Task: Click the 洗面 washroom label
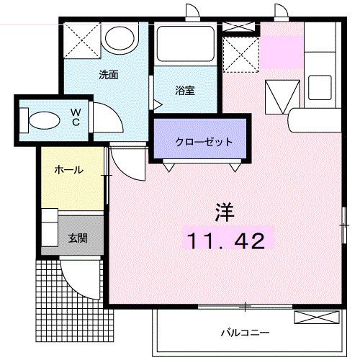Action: (109, 74)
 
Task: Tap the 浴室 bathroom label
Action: (185, 91)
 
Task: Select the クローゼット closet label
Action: (204, 142)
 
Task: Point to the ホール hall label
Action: (69, 171)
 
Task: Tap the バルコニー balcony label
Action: (245, 333)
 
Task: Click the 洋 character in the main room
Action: (225, 212)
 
